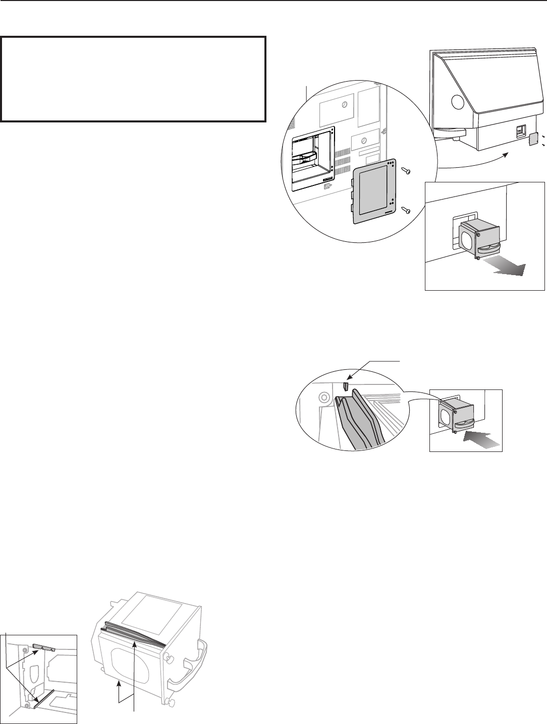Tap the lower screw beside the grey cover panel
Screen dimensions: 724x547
click(x=406, y=210)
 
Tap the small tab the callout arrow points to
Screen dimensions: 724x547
click(x=346, y=386)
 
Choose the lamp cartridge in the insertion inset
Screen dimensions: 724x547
click(x=458, y=413)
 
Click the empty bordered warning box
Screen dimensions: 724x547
click(x=133, y=79)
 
